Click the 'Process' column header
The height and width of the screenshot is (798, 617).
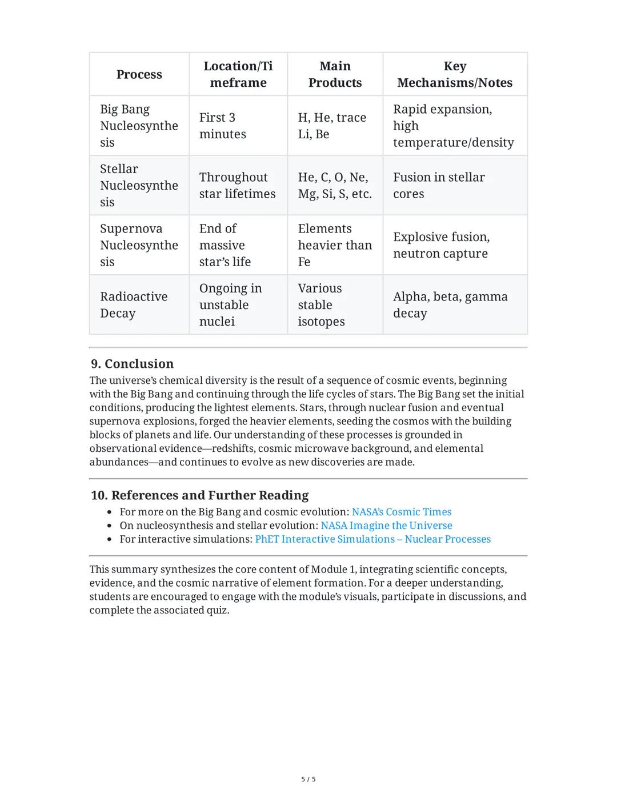pyautogui.click(x=139, y=74)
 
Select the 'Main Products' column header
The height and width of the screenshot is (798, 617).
pyautogui.click(x=335, y=74)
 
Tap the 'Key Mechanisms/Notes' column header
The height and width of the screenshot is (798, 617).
pyautogui.click(x=455, y=74)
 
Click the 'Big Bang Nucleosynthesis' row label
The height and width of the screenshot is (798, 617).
pyautogui.click(x=139, y=126)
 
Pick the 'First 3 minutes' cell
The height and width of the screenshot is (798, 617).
pyautogui.click(x=222, y=126)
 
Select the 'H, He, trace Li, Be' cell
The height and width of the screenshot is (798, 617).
pyautogui.click(x=332, y=126)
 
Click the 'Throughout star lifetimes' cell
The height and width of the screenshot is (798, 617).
pyautogui.click(x=237, y=186)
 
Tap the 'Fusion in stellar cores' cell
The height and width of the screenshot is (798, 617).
pyautogui.click(x=438, y=186)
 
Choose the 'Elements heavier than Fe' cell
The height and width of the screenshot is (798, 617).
pyautogui.click(x=334, y=245)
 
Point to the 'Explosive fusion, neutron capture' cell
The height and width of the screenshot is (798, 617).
pyautogui.click(x=441, y=245)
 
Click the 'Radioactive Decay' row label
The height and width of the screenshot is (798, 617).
pyautogui.click(x=134, y=305)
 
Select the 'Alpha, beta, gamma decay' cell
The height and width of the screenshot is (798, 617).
pyautogui.click(x=450, y=305)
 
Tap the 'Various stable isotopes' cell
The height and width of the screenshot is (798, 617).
pyautogui.click(x=320, y=305)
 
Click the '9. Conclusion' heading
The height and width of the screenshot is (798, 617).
pyautogui.click(x=132, y=364)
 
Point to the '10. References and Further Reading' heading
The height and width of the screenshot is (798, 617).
pyautogui.click(x=199, y=495)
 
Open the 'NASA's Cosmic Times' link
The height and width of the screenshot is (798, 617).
pyautogui.click(x=401, y=512)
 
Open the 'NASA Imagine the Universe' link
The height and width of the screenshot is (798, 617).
pyautogui.click(x=386, y=526)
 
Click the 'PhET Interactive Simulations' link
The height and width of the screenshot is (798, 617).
pyautogui.click(x=372, y=539)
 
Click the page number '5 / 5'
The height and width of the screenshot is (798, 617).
pyautogui.click(x=308, y=779)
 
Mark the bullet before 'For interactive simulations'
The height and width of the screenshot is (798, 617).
pyautogui.click(x=110, y=539)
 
